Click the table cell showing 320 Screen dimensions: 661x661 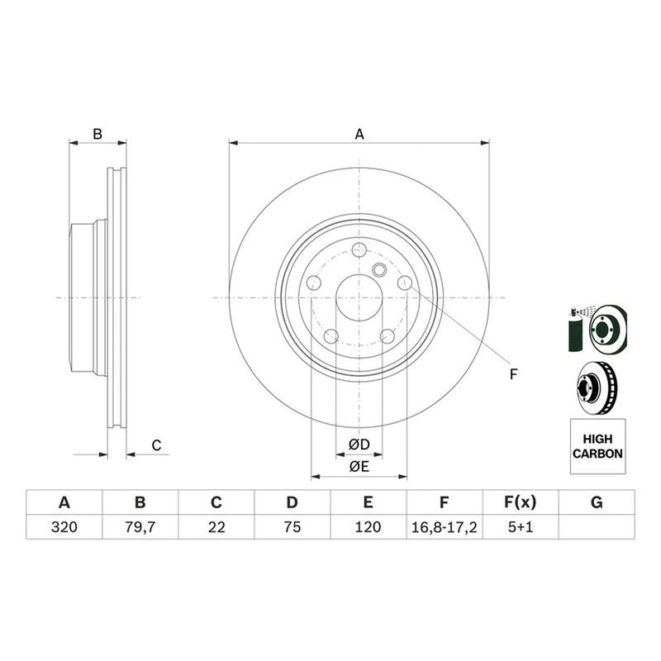point(64,527)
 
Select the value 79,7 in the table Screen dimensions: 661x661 point(140,527)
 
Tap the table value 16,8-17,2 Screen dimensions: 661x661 point(445,527)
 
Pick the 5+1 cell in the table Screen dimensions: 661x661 point(521,527)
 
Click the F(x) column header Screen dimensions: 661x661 point(521,502)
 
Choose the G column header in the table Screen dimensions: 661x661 point(597,502)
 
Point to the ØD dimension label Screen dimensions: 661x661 point(359,445)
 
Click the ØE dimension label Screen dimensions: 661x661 point(359,466)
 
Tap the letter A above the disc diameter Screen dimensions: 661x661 point(359,134)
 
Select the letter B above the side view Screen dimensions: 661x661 point(97,134)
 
